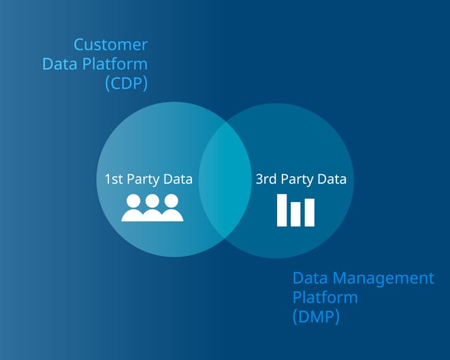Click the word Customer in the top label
[x=110, y=46]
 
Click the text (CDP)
[x=126, y=84]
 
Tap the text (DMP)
[x=316, y=317]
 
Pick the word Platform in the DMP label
[x=325, y=297]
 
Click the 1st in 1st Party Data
[x=113, y=180]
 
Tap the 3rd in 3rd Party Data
[x=266, y=180]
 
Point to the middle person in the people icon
[x=152, y=208]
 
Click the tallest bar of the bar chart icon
[x=283, y=210]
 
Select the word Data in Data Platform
[x=58, y=65]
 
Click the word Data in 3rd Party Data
[x=332, y=180]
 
